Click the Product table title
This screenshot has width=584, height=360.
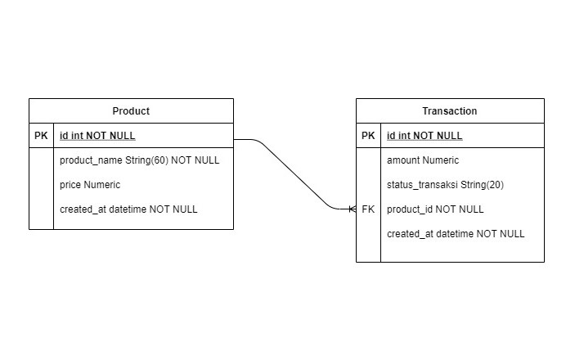(131, 111)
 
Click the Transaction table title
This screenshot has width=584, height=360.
(450, 111)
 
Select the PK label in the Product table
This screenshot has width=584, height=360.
(41, 136)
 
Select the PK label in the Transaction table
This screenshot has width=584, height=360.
(368, 136)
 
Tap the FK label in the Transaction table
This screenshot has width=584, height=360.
(368, 209)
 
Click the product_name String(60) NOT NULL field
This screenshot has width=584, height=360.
(139, 160)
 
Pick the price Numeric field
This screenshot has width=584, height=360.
(90, 185)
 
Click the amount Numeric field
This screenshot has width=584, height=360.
(423, 160)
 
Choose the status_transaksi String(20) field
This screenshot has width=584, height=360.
(445, 185)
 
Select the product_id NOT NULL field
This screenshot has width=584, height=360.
(435, 209)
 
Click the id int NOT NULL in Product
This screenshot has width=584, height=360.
(97, 136)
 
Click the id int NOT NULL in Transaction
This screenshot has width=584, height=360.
(425, 136)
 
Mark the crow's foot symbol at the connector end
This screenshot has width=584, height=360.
(352, 209)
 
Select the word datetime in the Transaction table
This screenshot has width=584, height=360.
(454, 234)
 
